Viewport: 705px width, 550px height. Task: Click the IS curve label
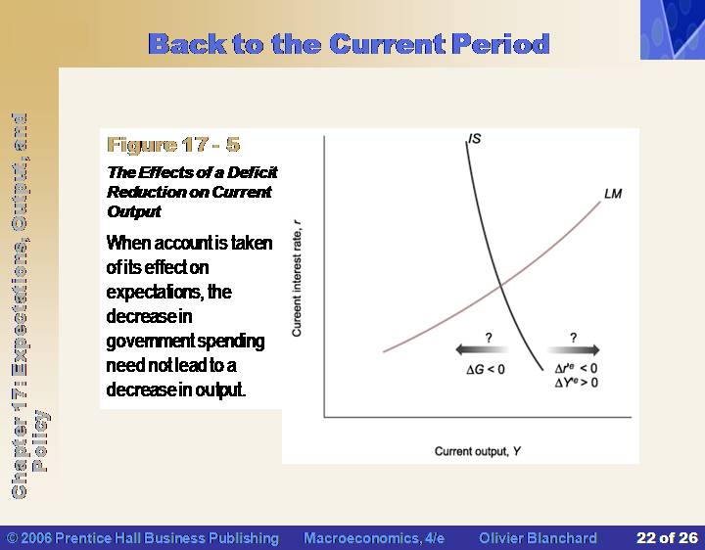point(475,138)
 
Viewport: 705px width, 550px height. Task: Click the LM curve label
point(613,194)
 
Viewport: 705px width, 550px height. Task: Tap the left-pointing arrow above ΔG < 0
point(482,349)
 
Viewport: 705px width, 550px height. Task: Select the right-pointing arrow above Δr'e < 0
point(574,349)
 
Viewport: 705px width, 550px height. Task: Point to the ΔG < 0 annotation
point(486,369)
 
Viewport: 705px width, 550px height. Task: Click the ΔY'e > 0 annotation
point(577,383)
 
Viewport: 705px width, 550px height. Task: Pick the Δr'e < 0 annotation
point(577,369)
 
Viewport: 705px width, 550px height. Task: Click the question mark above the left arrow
point(489,338)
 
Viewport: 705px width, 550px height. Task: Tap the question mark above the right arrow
point(573,338)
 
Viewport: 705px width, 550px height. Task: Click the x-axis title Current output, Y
point(478,451)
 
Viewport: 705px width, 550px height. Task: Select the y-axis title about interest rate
point(297,278)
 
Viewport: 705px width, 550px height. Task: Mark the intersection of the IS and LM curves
point(501,285)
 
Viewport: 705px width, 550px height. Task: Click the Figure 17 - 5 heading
point(173,145)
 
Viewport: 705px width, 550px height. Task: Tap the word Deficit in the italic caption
point(253,172)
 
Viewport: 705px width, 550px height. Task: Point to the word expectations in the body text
point(154,292)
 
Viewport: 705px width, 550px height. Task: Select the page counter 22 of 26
point(667,538)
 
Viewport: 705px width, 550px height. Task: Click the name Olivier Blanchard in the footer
point(538,538)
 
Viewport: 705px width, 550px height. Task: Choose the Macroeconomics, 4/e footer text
point(374,538)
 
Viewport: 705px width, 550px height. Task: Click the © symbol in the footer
point(13,538)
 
